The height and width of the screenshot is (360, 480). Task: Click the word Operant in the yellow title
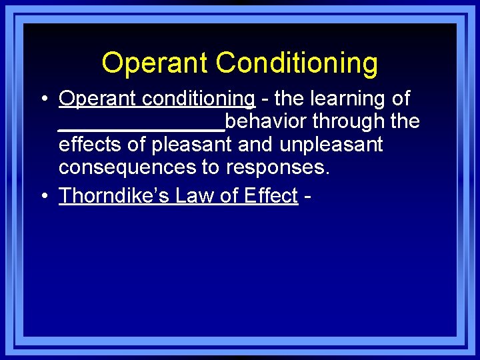point(155,63)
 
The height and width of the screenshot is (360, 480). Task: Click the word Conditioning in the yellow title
point(297,63)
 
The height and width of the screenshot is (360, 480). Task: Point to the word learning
point(347,99)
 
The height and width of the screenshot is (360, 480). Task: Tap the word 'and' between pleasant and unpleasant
point(255,145)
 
